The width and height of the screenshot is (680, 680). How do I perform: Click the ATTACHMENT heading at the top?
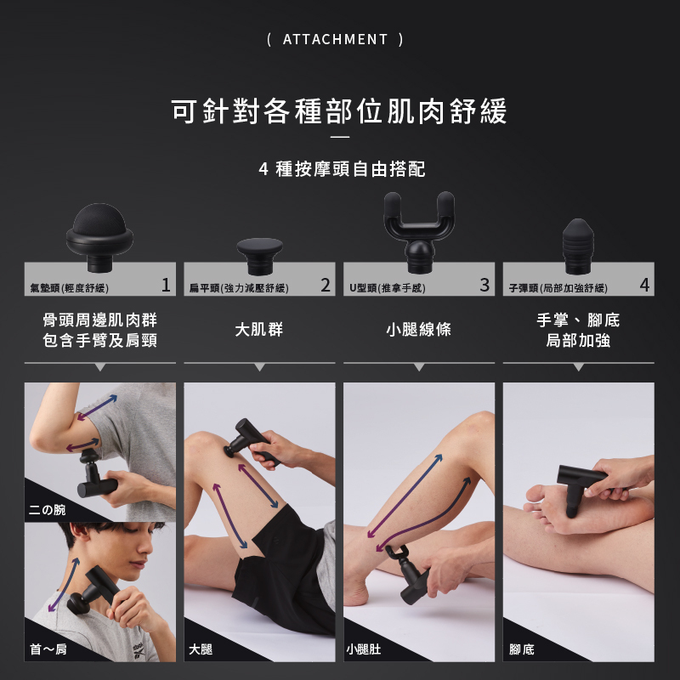tap(335, 39)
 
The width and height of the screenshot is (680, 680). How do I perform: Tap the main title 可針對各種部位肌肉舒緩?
tap(339, 111)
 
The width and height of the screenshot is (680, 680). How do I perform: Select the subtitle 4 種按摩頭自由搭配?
tap(342, 168)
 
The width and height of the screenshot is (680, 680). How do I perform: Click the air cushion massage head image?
tap(99, 237)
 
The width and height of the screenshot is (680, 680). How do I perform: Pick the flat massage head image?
tap(260, 256)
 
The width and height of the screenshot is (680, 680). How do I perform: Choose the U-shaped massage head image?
tap(419, 232)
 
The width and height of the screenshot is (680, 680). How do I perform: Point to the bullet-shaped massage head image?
tap(578, 246)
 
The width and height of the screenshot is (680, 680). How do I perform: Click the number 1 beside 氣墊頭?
tap(166, 285)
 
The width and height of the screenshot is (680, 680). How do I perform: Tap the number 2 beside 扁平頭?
tap(326, 285)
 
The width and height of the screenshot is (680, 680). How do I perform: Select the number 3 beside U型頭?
tap(484, 285)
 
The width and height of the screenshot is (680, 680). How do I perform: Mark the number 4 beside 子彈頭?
tap(644, 285)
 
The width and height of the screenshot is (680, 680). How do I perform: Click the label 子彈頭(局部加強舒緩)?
tap(558, 288)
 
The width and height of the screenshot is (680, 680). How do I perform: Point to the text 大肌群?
tap(259, 329)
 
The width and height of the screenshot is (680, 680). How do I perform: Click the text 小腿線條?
tap(418, 329)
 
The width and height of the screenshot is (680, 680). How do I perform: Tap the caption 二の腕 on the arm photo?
tap(47, 509)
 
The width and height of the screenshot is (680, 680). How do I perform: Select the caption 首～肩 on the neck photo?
tap(48, 649)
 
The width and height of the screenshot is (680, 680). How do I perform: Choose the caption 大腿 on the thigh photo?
tap(201, 649)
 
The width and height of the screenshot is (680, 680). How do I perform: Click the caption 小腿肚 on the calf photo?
tap(364, 649)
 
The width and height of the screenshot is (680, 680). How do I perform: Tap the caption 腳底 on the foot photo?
tap(522, 649)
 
